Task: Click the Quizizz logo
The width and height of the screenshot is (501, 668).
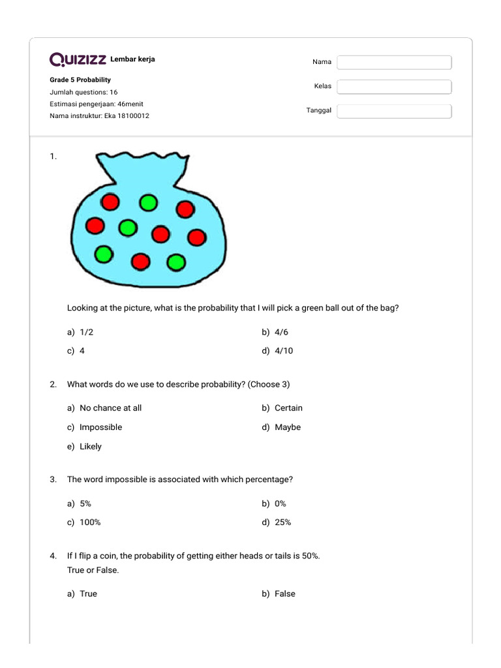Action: (x=78, y=60)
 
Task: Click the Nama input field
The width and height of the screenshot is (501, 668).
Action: (x=394, y=63)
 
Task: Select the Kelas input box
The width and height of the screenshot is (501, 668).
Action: (x=394, y=87)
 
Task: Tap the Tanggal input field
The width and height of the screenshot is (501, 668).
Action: (x=394, y=111)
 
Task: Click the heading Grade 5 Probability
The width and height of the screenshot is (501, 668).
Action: (x=80, y=80)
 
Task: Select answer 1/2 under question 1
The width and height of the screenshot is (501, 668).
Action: (x=86, y=332)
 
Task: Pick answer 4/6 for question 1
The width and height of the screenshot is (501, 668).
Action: (x=281, y=332)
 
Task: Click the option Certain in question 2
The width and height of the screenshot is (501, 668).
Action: (x=288, y=408)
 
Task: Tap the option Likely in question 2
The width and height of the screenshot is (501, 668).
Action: (x=90, y=447)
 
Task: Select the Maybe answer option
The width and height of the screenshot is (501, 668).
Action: (x=288, y=427)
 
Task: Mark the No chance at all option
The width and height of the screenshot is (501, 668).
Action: (x=110, y=408)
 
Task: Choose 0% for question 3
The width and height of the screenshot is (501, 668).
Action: (x=281, y=504)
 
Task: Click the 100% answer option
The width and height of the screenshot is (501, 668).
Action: (x=90, y=523)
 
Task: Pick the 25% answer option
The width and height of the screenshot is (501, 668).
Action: (x=282, y=523)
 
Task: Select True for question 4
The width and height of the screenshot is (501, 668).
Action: (x=88, y=594)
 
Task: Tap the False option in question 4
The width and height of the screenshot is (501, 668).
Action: (x=284, y=594)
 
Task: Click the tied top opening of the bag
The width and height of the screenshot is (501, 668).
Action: (x=142, y=162)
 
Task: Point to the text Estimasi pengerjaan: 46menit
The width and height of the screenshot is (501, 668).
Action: (x=97, y=104)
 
